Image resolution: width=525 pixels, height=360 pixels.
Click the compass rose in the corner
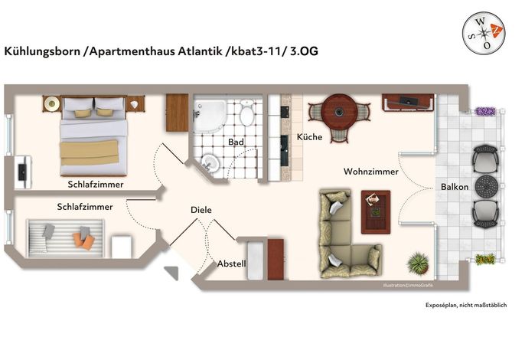(x=484, y=32)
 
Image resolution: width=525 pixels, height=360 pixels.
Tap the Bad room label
(x=236, y=142)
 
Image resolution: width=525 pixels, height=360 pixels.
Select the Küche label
(x=309, y=137)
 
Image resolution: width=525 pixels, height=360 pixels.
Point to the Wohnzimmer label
(x=371, y=172)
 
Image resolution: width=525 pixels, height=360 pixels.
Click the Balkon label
(x=455, y=187)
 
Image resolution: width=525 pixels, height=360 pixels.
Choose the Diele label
(x=201, y=210)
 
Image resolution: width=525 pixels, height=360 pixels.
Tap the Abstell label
(x=231, y=263)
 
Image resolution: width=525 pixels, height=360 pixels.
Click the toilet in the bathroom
(x=246, y=113)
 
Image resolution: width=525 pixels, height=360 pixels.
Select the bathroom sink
(x=210, y=163)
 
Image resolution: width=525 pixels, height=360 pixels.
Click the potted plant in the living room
(x=418, y=263)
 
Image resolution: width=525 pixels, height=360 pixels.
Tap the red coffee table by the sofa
(x=376, y=212)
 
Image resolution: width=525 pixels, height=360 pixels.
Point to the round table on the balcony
(x=487, y=186)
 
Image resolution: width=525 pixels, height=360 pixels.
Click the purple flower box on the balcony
(x=485, y=111)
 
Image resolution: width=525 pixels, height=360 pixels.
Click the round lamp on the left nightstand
(x=52, y=103)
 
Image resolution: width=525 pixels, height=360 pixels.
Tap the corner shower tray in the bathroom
(x=209, y=116)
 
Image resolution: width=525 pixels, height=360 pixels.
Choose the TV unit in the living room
(x=408, y=102)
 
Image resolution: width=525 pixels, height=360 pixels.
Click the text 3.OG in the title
(x=304, y=51)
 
